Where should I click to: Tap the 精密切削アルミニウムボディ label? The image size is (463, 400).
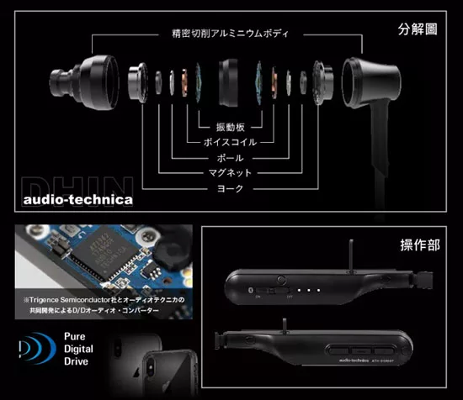(x=230, y=34)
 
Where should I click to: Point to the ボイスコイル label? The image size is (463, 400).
(x=230, y=141)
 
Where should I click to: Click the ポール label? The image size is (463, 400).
(x=230, y=157)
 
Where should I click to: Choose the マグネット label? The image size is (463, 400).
(x=230, y=173)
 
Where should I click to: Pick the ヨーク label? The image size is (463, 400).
(x=230, y=189)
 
